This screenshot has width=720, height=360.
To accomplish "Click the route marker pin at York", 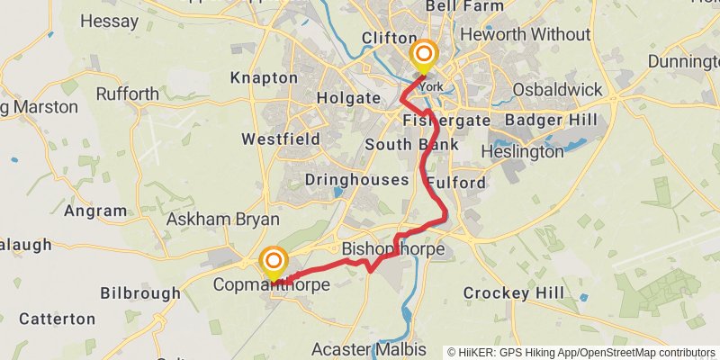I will pyautogui.click(x=423, y=58).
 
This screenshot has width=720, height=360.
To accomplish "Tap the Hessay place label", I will pyautogui.click(x=108, y=20).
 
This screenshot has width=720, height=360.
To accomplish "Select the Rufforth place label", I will pyautogui.click(x=128, y=94).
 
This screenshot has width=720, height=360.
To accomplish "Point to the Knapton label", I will pyautogui.click(x=264, y=78).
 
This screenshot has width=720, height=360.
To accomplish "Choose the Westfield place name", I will pyautogui.click(x=281, y=139).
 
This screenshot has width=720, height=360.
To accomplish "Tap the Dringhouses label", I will pyautogui.click(x=355, y=180).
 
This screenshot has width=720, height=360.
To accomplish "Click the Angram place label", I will pyautogui.click(x=95, y=211).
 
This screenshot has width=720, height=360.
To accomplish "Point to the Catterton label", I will pyautogui.click(x=57, y=319).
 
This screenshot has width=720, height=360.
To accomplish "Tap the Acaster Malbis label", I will pyautogui.click(x=367, y=348).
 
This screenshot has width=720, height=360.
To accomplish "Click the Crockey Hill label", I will pyautogui.click(x=513, y=293).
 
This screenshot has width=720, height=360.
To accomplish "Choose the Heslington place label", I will pyautogui.click(x=522, y=152).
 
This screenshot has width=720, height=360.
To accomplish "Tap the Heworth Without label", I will pyautogui.click(x=525, y=35).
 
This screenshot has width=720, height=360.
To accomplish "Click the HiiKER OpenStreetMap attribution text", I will pyautogui.click(x=581, y=352).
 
